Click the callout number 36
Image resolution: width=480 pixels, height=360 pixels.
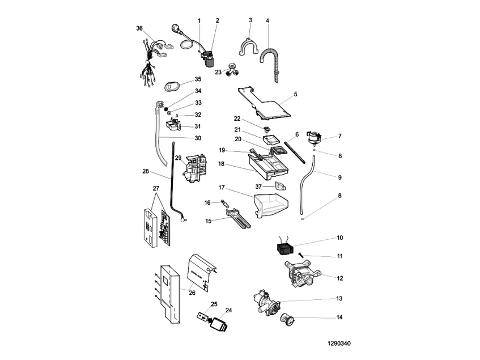click(139, 28)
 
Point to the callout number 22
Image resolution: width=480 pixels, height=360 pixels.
click(238, 118)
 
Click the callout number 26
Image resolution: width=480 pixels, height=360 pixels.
click(192, 293)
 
